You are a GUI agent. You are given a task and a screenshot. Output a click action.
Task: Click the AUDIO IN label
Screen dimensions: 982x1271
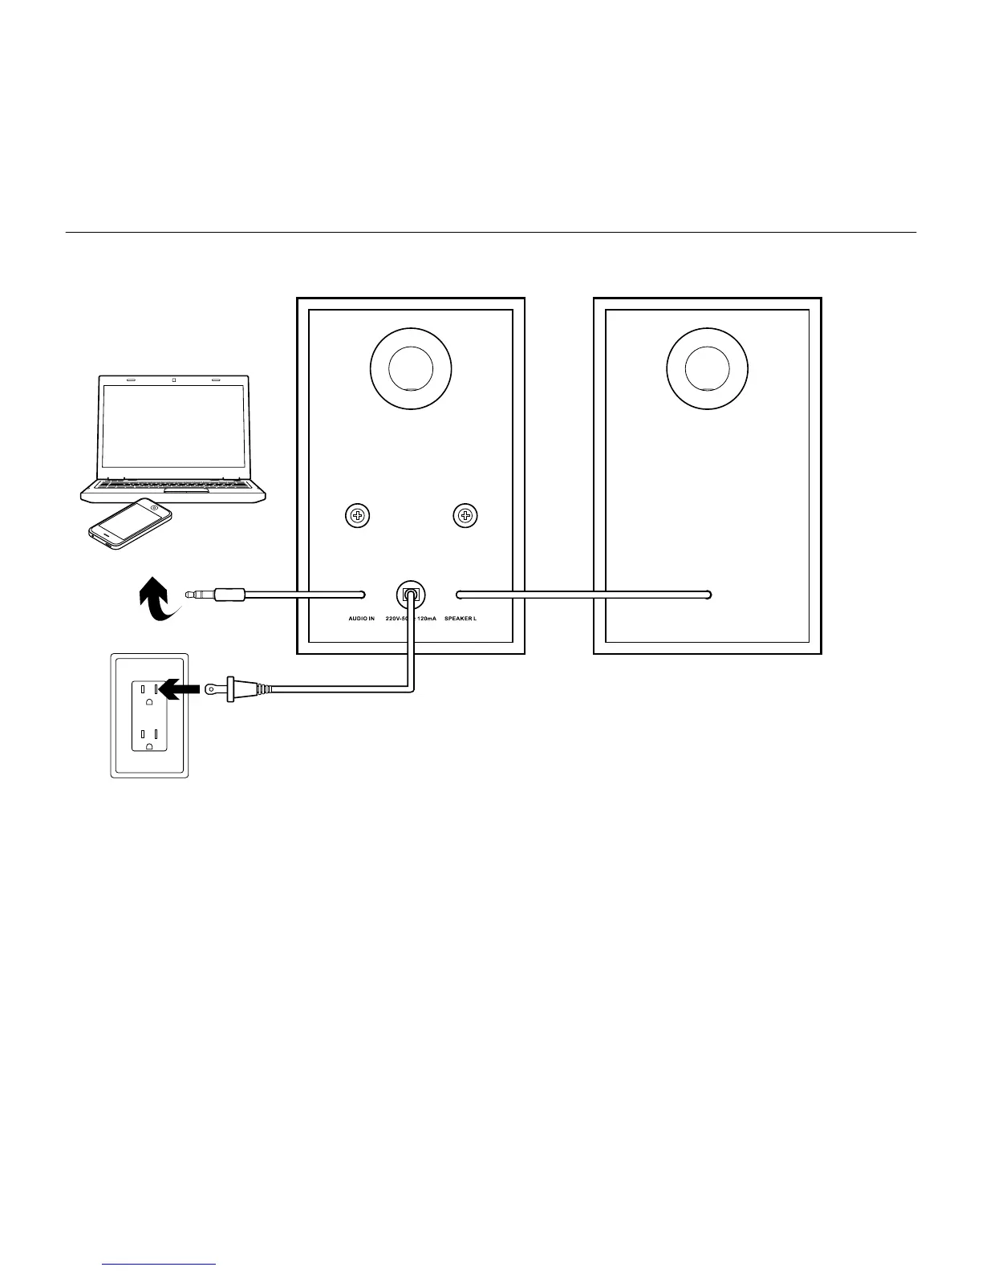(x=361, y=619)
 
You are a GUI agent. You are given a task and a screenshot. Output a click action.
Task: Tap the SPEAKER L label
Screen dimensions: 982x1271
(x=461, y=619)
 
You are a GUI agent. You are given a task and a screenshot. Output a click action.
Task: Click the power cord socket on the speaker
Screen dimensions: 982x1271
(x=411, y=595)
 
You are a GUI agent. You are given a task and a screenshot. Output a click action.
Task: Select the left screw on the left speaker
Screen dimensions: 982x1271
(x=358, y=516)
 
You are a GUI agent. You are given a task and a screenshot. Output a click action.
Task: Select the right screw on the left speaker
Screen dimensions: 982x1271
(x=465, y=516)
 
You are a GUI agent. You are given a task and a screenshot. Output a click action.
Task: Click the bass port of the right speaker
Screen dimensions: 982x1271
(x=708, y=369)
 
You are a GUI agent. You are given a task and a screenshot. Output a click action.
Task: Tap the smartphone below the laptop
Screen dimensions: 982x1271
(x=130, y=523)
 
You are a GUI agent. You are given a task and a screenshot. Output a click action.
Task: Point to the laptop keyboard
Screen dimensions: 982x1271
(x=173, y=485)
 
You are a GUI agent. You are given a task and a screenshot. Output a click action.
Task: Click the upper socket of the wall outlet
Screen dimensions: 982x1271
(x=149, y=690)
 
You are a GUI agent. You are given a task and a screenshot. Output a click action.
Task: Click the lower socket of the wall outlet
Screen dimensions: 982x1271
(x=149, y=737)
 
